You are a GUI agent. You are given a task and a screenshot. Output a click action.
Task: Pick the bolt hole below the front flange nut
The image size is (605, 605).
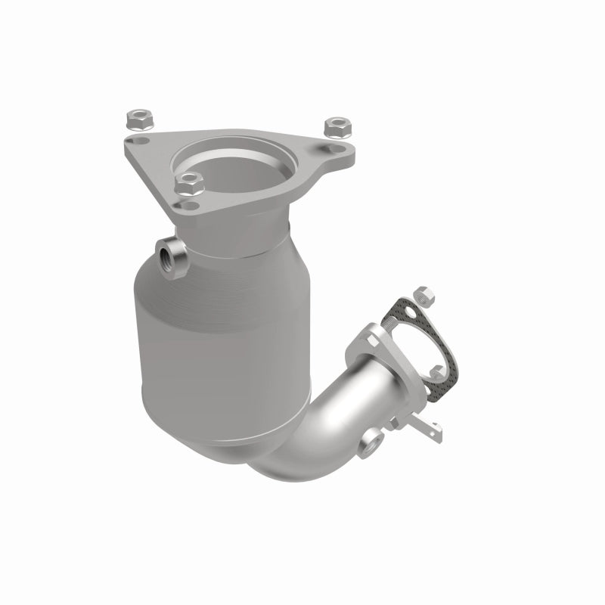pyautogui.click(x=189, y=204)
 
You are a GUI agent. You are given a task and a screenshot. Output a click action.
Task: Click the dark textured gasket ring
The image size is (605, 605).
pyautogui.click(x=446, y=355)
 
